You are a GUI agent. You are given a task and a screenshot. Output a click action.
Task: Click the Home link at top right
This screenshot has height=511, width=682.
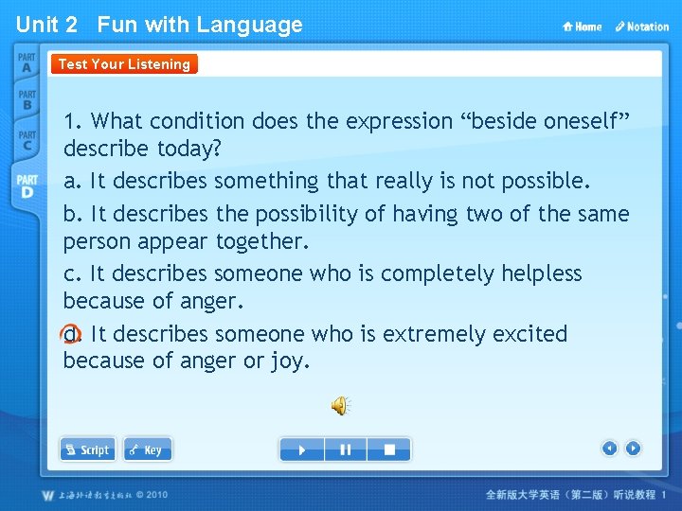[583, 26]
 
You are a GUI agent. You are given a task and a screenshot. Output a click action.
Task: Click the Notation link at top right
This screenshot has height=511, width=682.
[641, 26]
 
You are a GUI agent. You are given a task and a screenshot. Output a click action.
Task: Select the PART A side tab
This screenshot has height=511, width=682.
[27, 63]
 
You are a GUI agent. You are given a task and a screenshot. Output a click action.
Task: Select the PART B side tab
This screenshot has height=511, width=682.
[27, 99]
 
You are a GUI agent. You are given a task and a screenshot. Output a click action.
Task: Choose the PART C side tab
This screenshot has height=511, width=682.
[27, 140]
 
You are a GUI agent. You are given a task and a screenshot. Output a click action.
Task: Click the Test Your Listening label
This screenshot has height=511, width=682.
[124, 64]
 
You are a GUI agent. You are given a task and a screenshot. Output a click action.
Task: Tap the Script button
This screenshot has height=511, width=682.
[87, 449]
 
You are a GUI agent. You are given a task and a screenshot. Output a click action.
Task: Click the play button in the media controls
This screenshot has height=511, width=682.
[302, 449]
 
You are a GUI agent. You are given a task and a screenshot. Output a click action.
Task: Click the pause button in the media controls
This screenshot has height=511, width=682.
[346, 449]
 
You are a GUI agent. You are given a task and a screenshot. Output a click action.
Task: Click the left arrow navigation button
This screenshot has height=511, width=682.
[610, 449]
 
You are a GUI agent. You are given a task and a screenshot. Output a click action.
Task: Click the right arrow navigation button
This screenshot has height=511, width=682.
[633, 449]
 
